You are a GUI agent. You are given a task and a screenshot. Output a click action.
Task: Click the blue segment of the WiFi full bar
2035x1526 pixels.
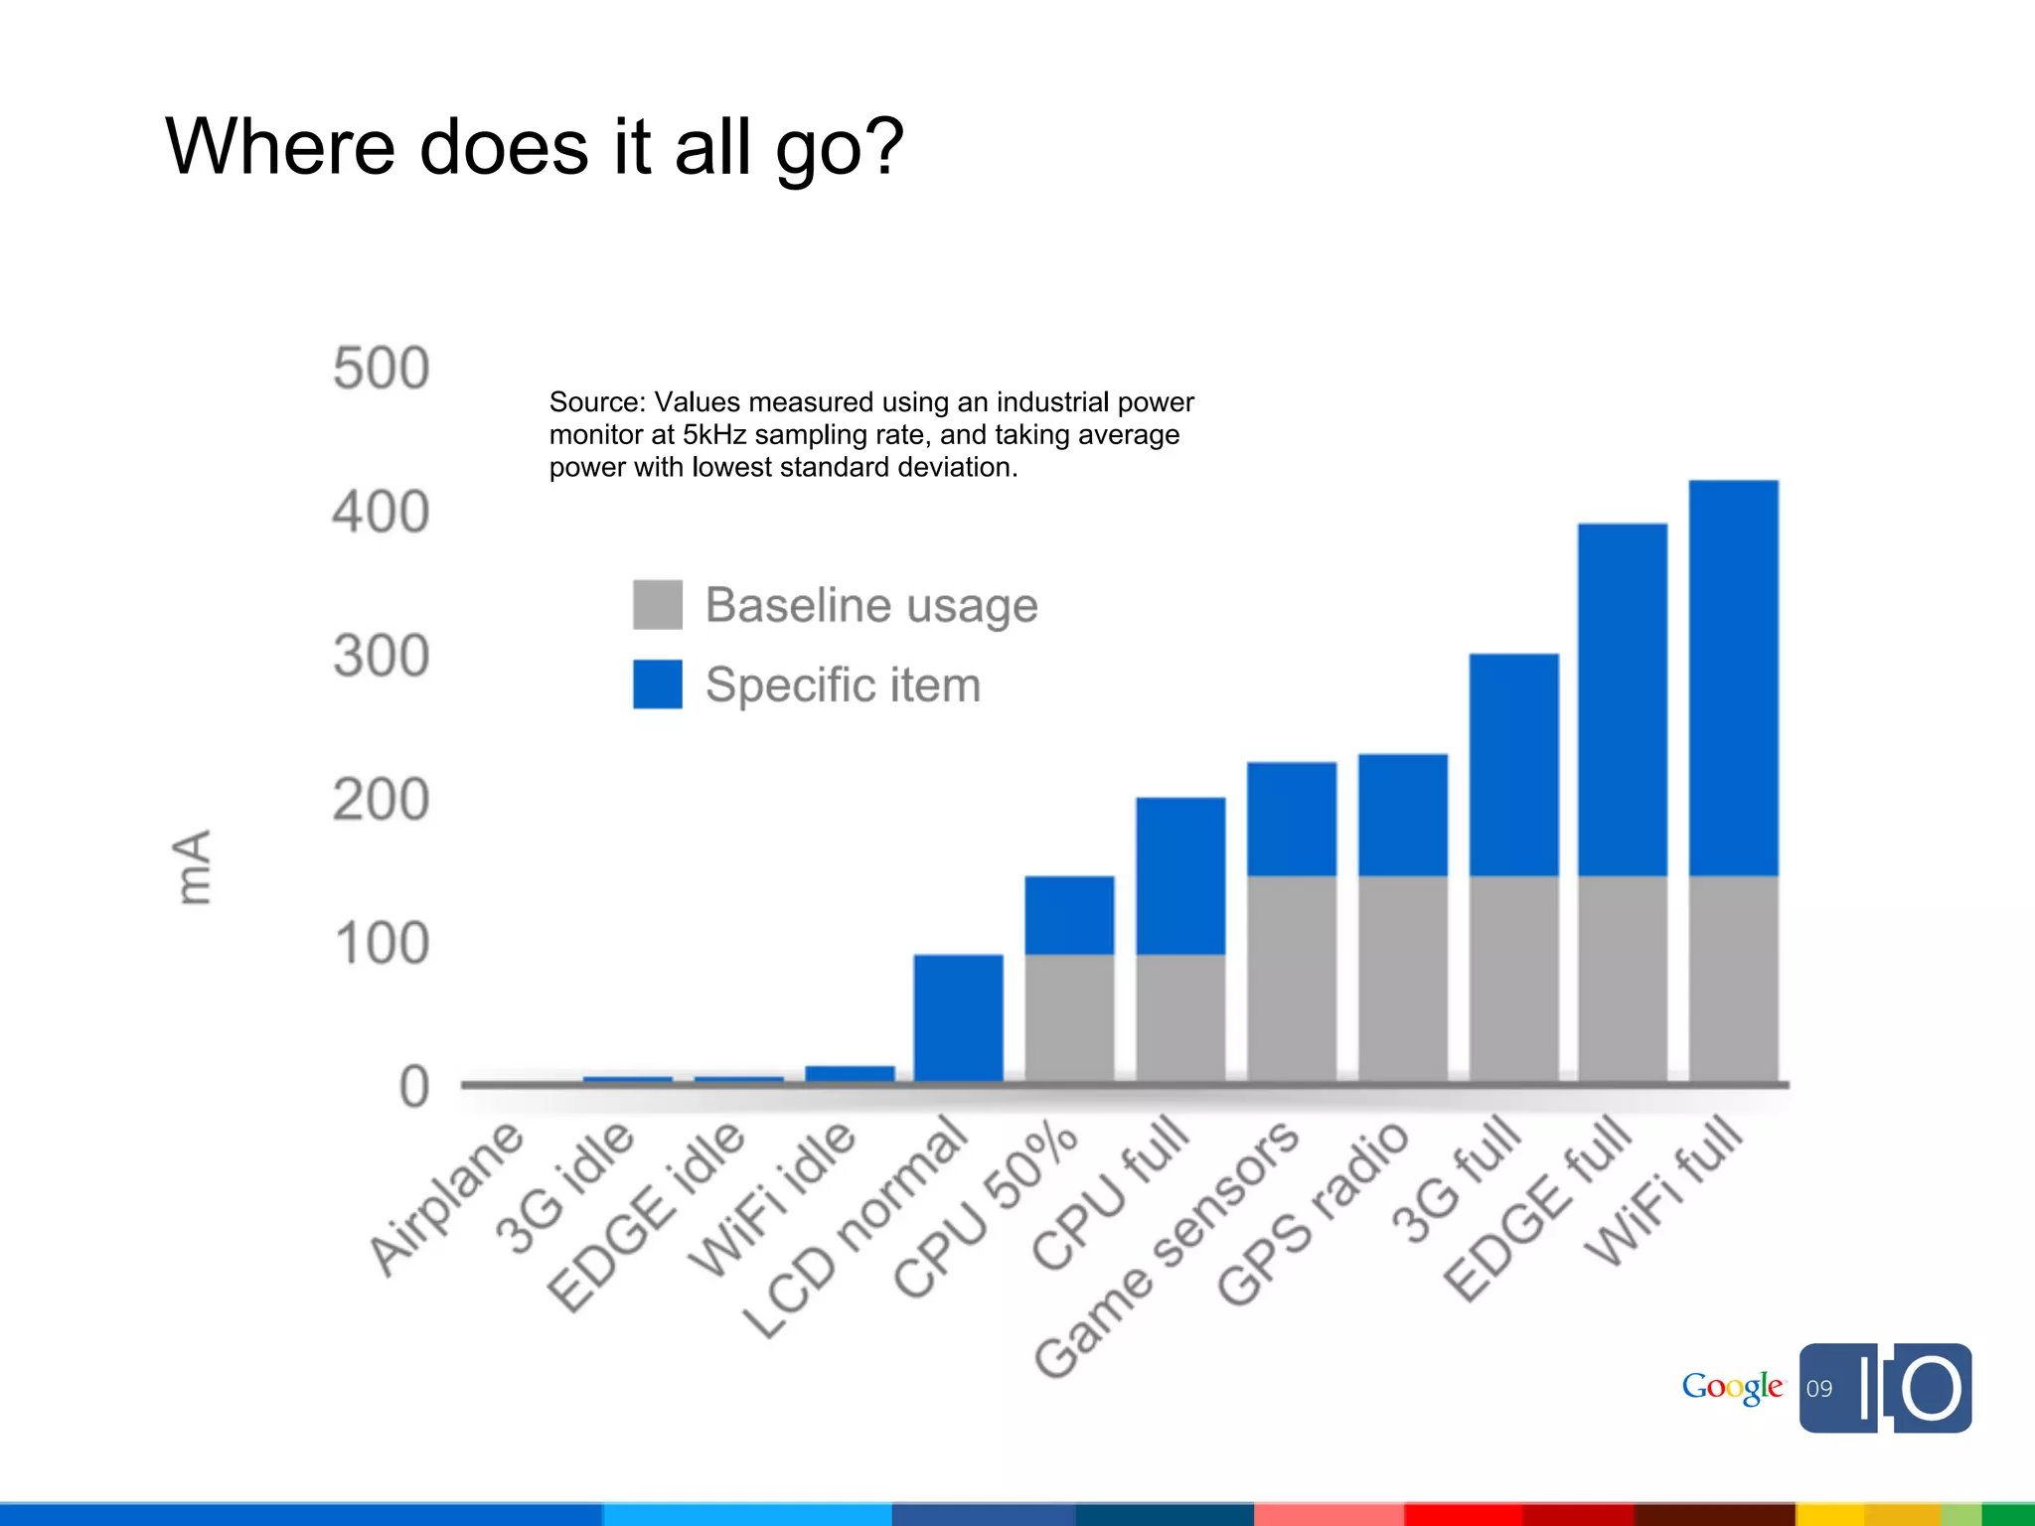[x=1733, y=678]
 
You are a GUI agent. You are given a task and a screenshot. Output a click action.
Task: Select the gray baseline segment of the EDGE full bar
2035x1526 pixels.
[x=1622, y=979]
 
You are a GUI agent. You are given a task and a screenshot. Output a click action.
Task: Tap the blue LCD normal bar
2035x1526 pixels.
[x=958, y=1017]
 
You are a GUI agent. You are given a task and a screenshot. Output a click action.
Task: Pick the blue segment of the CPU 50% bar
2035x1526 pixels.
[x=1069, y=915]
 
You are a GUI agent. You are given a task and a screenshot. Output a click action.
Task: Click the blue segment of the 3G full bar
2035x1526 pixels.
[x=1513, y=764]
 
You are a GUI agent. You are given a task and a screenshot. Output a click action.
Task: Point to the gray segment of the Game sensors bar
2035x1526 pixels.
[x=1292, y=979]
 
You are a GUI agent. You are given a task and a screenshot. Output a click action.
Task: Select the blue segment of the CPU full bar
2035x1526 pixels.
[x=1180, y=875]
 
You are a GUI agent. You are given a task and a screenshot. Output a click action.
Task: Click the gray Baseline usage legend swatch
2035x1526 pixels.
[x=658, y=604]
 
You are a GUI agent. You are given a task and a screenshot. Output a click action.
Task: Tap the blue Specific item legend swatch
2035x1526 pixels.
[x=658, y=684]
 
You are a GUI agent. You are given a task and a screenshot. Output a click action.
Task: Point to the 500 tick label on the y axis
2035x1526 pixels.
[x=381, y=369]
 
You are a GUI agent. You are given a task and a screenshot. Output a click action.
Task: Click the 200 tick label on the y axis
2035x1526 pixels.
[x=381, y=800]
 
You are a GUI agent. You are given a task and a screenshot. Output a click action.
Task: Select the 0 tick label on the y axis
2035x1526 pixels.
[x=413, y=1087]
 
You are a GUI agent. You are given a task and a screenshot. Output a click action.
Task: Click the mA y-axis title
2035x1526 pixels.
[x=192, y=866]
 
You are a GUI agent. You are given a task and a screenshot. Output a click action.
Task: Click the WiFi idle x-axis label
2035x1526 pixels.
[x=773, y=1199]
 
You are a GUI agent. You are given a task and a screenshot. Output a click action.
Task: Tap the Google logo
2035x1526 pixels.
[x=1732, y=1387]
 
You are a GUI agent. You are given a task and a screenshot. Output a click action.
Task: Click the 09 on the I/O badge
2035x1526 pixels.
[x=1819, y=1389]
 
